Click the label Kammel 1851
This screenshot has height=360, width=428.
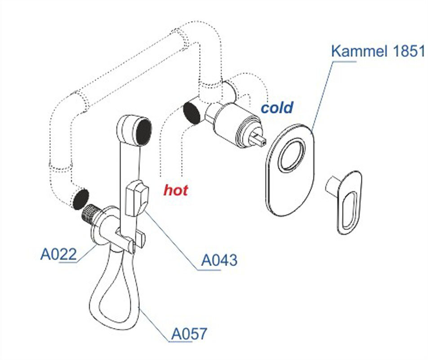coord(378,51)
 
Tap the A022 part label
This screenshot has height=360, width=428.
coord(58,254)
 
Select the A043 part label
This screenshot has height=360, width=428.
coord(219,260)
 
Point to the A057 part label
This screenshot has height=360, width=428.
coord(189,333)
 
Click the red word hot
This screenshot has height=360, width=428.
coord(176,190)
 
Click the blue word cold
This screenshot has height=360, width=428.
coord(277,108)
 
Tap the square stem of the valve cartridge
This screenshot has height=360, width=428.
coord(259,138)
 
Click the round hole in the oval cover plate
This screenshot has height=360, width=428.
coord(291,155)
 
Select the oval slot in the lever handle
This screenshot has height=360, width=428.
coord(349,210)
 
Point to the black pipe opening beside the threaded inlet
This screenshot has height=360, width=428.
coord(80,199)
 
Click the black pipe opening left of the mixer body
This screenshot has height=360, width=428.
coord(192,113)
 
